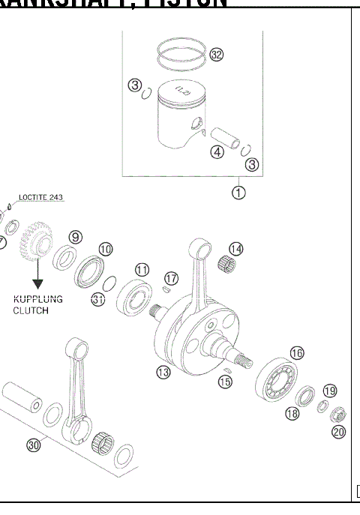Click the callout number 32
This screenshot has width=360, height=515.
217,54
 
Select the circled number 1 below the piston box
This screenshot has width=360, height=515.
238,193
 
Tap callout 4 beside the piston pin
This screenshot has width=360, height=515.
217,152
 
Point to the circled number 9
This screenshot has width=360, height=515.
75,237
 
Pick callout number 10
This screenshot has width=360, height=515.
106,248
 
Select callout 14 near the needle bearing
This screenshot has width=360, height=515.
236,248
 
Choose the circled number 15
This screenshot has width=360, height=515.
225,382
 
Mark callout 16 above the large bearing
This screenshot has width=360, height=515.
297,352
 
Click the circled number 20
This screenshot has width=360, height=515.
338,432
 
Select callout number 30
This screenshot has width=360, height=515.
33,445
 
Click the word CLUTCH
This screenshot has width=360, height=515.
30,310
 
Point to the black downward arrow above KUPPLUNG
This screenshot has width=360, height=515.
37,282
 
